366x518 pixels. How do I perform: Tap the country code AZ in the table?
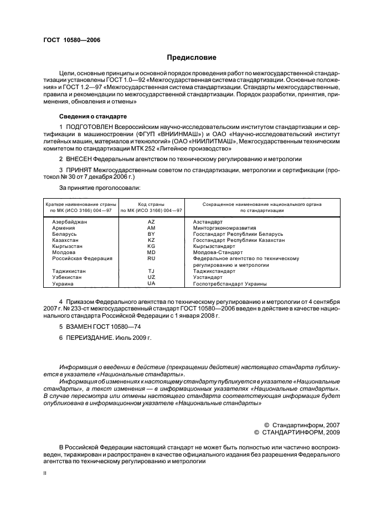151,221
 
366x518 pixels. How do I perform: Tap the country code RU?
151,258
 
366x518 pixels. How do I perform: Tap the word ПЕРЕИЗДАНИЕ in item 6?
92,337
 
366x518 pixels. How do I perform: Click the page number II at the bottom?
45,474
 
